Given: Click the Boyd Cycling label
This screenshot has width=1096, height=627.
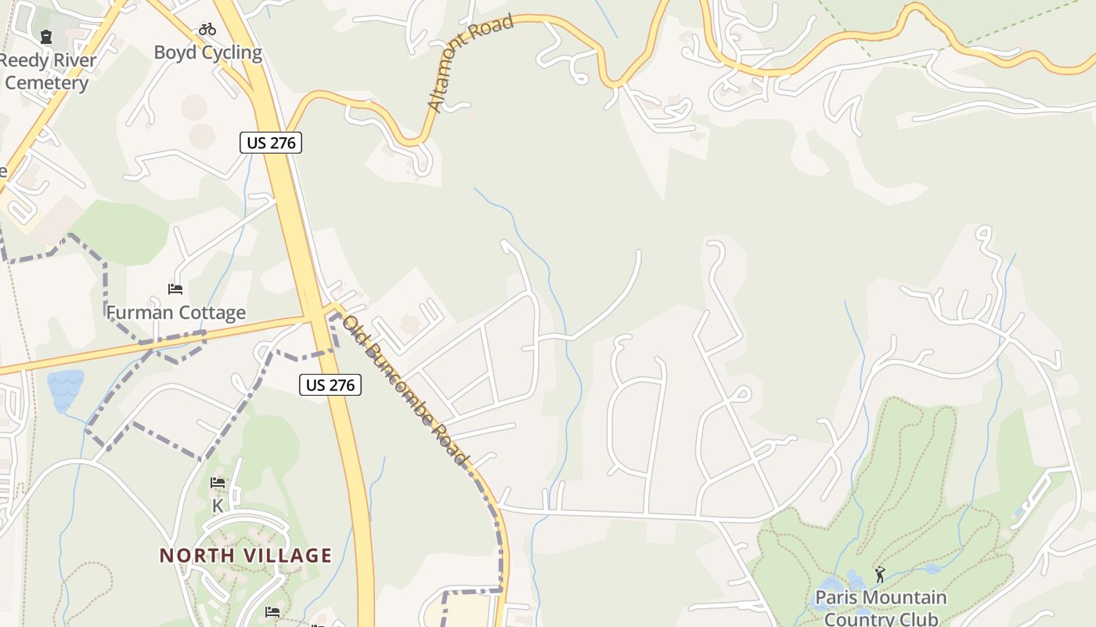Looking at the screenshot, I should [x=207, y=53].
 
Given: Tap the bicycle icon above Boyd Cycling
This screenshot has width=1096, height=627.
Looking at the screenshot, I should [x=207, y=30].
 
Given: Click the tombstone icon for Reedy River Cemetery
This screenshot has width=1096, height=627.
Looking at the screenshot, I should [x=46, y=36].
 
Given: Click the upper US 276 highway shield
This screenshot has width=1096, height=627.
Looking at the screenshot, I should [x=270, y=143].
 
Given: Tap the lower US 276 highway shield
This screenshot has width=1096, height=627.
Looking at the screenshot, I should [x=330, y=385].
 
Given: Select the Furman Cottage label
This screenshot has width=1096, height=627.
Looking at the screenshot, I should [x=176, y=313].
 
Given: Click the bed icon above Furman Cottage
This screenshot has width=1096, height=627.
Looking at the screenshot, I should [x=175, y=289].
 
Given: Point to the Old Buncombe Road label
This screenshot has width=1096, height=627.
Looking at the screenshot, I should [x=405, y=390].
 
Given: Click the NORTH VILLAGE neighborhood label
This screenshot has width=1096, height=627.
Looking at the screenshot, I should [x=246, y=556].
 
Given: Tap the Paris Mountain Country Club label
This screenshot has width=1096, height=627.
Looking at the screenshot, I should [x=881, y=607].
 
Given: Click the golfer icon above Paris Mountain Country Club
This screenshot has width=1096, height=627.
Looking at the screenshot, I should [x=880, y=574].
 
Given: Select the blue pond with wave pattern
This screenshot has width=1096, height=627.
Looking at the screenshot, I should [x=65, y=390].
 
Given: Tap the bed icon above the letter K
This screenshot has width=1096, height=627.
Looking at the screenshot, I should [x=218, y=483].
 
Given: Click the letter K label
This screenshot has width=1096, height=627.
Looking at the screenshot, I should [x=218, y=506].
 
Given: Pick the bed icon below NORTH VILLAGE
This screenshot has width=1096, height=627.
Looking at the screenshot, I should [x=272, y=611].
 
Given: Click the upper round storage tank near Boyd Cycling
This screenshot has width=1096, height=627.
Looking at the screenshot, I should [x=195, y=107].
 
